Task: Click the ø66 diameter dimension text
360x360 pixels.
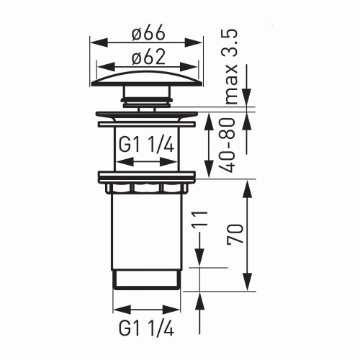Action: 147,32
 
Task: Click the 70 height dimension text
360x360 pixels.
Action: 234,236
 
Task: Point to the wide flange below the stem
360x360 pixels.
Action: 147,116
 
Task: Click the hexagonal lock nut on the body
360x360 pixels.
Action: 147,188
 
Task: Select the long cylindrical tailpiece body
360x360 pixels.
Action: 147,230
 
